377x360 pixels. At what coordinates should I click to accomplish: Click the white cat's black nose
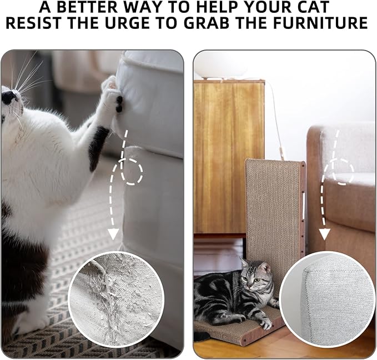click(8, 98)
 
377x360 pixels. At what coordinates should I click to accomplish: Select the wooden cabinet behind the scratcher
click(229, 156)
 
